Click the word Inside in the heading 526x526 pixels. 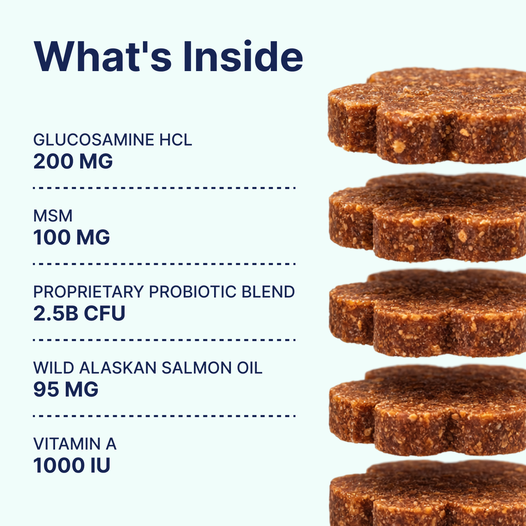[x=242, y=57]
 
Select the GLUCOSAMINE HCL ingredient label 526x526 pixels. [x=112, y=140]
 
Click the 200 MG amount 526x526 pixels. [x=73, y=161]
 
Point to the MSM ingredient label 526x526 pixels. [x=53, y=216]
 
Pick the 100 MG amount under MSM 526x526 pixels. [x=72, y=237]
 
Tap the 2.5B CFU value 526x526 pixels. [x=79, y=313]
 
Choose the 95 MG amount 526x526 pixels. [x=66, y=389]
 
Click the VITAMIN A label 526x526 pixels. [x=75, y=444]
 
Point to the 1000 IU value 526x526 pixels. [x=72, y=465]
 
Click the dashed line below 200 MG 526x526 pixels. [x=164, y=188]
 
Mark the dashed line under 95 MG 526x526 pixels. [x=164, y=416]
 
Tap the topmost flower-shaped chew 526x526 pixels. [x=427, y=117]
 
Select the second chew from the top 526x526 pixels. [x=427, y=218]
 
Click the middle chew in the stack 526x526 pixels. [x=427, y=313]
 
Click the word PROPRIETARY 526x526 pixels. [x=88, y=292]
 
